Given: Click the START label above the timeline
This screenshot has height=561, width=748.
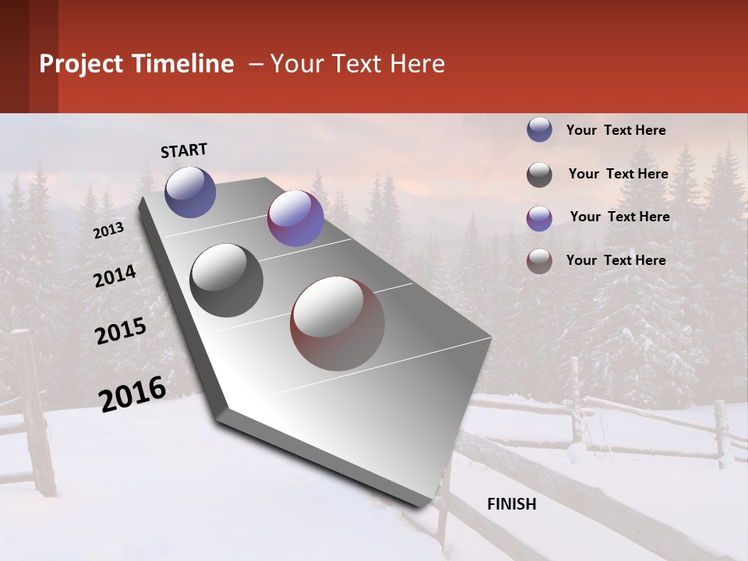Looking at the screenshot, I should coord(184,150).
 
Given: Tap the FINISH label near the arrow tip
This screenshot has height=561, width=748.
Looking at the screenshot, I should coord(511,504).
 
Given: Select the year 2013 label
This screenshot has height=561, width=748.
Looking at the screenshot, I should coord(109,231).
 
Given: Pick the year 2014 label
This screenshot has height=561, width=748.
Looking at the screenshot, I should coord(115,277).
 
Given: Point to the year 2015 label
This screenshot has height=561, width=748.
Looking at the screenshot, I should coord(121,331).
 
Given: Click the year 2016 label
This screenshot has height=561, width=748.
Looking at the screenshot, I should coord(132,393).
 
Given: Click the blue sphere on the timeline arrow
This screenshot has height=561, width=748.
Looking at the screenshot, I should coord(190,192).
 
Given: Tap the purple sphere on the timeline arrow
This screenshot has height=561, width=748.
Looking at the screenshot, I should coord(295,218).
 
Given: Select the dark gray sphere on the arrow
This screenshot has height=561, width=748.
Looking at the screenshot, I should coord(227,280).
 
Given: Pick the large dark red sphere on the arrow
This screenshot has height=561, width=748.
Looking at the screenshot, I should coord(337,323).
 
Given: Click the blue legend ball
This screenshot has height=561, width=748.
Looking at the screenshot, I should coord(539,130).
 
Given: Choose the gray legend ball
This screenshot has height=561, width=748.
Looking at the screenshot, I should coord(539,175).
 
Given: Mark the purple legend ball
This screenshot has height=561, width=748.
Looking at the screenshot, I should coord(539,218).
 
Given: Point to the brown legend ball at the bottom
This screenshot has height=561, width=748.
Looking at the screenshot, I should coord(539,261).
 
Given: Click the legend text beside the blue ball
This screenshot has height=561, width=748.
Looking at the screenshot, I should coord(616,131).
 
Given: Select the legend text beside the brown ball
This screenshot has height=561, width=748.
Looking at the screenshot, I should coord(616,260).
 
